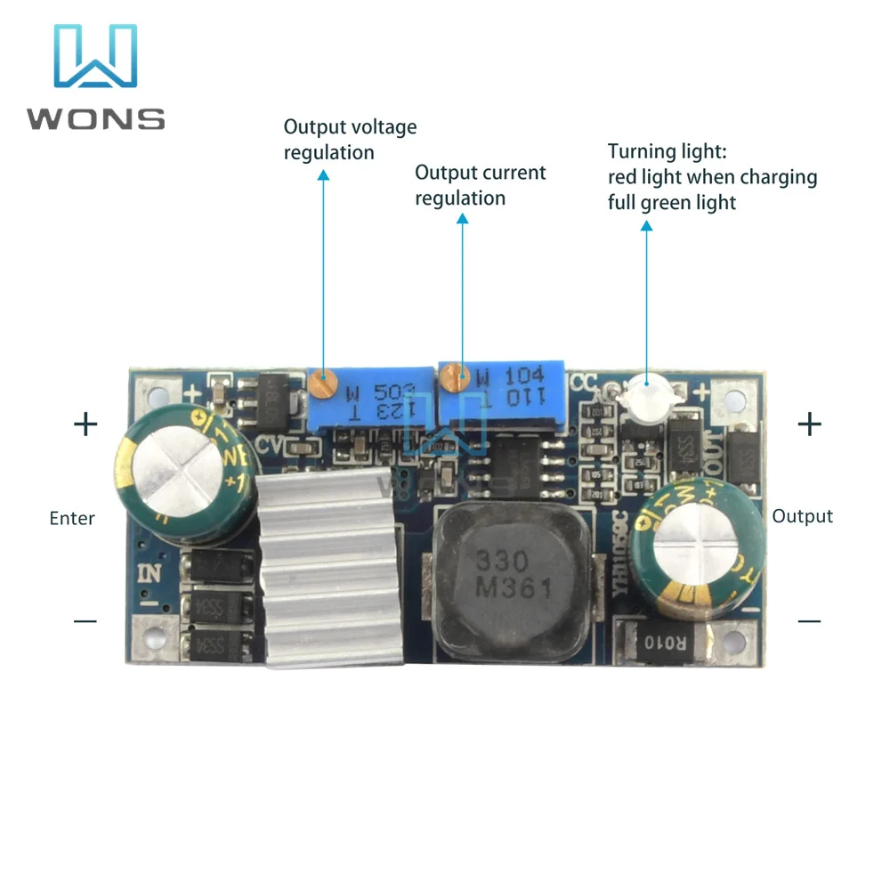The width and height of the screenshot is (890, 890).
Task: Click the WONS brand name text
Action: click(96, 118)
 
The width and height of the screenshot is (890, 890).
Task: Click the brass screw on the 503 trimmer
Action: click(324, 384)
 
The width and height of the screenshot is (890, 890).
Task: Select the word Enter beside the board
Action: click(72, 518)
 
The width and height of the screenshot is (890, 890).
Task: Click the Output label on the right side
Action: click(802, 516)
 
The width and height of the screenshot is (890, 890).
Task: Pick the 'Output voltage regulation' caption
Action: click(350, 140)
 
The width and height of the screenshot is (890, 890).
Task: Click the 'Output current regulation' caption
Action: click(481, 185)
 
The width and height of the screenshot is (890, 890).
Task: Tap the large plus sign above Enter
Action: click(85, 425)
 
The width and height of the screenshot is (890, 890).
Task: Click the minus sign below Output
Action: click(809, 620)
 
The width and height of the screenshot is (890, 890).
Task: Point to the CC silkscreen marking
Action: click(583, 381)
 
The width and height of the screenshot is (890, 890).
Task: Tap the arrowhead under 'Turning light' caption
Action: click(646, 226)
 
